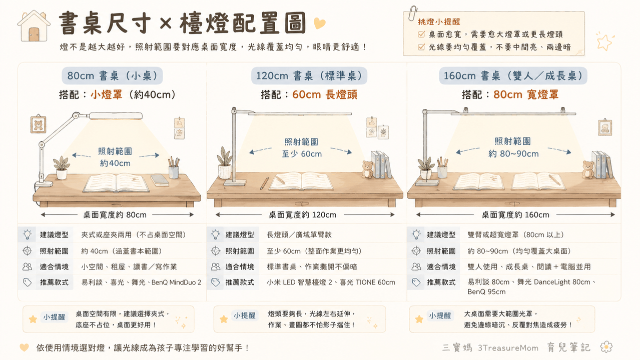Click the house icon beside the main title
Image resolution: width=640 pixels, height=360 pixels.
[x=34, y=25]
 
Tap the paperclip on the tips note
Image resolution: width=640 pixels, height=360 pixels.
[x=412, y=13]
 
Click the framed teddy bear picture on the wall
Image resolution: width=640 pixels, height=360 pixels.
[x=39, y=124]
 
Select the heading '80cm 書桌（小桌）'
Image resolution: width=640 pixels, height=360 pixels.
[x=112, y=75]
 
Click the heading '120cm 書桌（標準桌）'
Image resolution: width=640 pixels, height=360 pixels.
[x=309, y=75]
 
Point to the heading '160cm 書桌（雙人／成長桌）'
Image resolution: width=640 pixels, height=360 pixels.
[x=513, y=75]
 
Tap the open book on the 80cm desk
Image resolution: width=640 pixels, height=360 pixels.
[x=116, y=182]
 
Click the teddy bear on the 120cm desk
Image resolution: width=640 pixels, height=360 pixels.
[x=367, y=169]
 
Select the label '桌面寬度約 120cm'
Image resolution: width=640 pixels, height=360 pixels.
[x=303, y=214]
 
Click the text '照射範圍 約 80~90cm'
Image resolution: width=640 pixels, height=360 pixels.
[x=513, y=147]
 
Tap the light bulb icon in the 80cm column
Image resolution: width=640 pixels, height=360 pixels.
[x=27, y=234]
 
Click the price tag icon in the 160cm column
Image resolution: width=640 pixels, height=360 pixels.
[x=416, y=282]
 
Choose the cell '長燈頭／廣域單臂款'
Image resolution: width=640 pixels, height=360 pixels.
[x=299, y=234]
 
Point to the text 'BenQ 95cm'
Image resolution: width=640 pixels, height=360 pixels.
[x=486, y=292]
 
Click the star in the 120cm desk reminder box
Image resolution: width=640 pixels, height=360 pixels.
[x=224, y=319]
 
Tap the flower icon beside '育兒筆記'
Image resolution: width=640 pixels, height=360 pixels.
[x=606, y=347]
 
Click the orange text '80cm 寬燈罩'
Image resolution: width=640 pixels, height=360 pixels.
[x=526, y=94]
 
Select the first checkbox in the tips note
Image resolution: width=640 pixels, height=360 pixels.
[x=421, y=34]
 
